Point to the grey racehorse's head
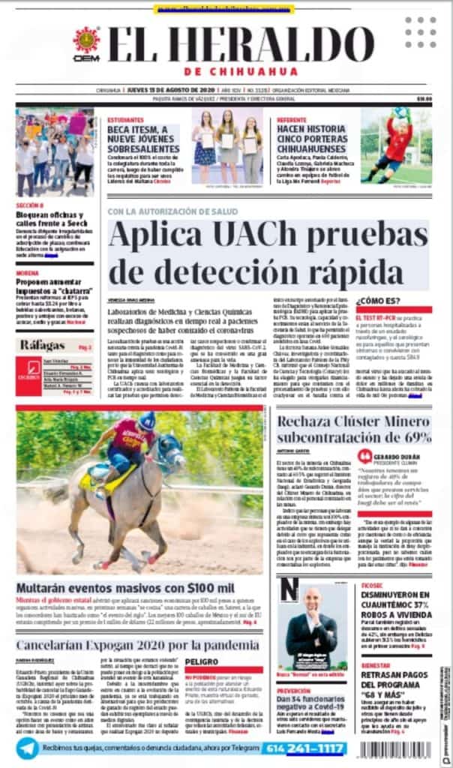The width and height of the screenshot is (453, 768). (x=172, y=453)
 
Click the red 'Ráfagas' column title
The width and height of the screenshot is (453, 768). (x=43, y=345)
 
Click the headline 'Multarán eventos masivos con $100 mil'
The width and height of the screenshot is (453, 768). (x=125, y=587)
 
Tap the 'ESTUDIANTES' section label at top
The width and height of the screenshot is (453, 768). (x=125, y=119)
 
